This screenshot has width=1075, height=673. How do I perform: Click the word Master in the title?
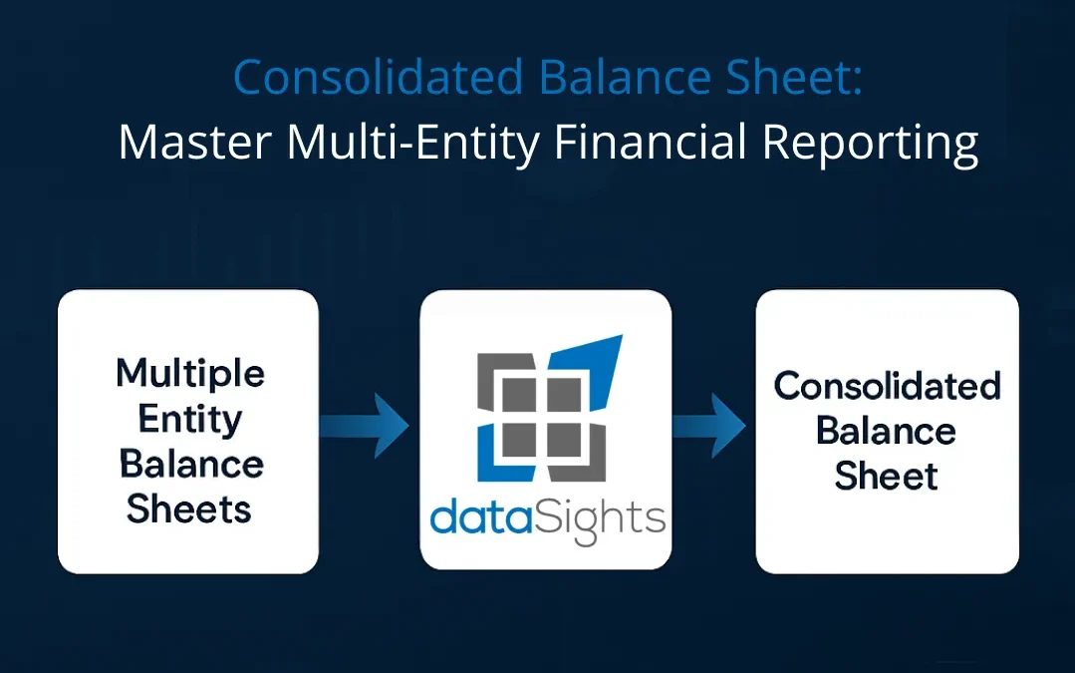[194, 143]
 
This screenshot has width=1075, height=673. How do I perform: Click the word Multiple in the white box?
[189, 374]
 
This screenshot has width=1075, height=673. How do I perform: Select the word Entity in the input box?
[189, 419]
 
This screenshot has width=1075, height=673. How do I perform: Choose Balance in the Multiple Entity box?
[189, 464]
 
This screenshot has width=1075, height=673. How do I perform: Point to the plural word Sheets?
[189, 508]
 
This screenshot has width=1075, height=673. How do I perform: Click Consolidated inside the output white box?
[887, 386]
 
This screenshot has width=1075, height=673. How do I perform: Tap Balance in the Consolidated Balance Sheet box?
[887, 431]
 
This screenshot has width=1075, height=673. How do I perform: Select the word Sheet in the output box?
[887, 476]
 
